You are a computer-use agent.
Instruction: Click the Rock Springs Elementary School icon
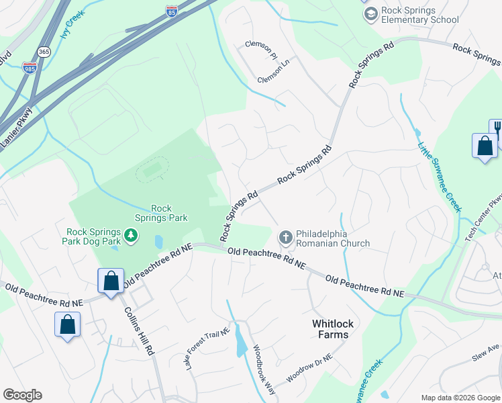click(x=369, y=15)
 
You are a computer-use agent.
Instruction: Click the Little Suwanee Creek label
click(x=440, y=176)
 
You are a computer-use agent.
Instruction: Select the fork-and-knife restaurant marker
click(x=497, y=129)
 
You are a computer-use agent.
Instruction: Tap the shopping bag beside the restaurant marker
click(x=485, y=146)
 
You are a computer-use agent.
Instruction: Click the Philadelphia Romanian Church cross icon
click(x=285, y=237)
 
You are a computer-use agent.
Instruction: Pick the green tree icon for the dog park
click(x=132, y=234)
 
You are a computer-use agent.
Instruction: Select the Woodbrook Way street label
click(x=264, y=369)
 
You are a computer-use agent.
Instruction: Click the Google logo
click(x=22, y=395)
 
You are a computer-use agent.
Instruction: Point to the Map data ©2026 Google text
click(x=460, y=398)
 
